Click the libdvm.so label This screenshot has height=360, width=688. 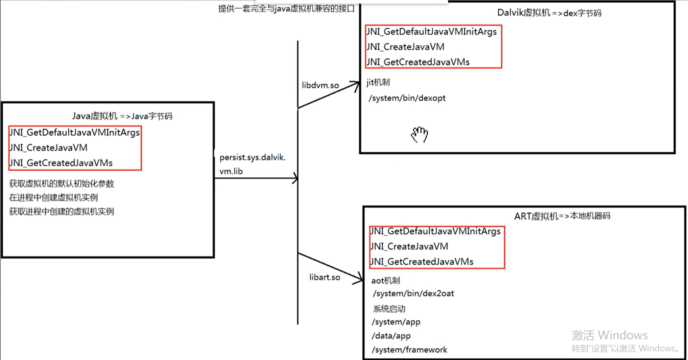(x=320, y=85)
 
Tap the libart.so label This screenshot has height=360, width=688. (x=325, y=277)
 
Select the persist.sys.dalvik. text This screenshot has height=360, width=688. (x=252, y=157)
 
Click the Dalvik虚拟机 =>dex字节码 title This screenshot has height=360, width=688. (x=549, y=13)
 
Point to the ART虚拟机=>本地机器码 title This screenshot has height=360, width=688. (x=562, y=216)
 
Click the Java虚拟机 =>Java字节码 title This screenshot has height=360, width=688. (x=122, y=116)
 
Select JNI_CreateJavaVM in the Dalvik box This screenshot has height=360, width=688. (x=406, y=47)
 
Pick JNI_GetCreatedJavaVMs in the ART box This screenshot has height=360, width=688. (x=422, y=262)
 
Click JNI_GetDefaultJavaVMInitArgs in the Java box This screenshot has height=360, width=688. (x=75, y=132)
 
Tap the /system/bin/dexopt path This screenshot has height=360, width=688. (x=407, y=98)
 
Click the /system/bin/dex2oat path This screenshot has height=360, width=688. (x=413, y=294)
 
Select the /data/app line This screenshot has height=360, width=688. (x=391, y=336)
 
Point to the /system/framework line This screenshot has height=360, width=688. (x=409, y=350)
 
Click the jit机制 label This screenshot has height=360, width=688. (x=378, y=82)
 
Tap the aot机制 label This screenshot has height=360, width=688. (x=386, y=280)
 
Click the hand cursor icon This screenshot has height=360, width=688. (x=419, y=135)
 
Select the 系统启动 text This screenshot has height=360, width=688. (x=389, y=309)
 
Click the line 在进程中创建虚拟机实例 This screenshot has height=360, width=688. (x=54, y=197)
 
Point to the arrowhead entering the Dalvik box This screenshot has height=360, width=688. (x=356, y=85)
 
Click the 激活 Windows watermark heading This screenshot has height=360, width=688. (x=610, y=335)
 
